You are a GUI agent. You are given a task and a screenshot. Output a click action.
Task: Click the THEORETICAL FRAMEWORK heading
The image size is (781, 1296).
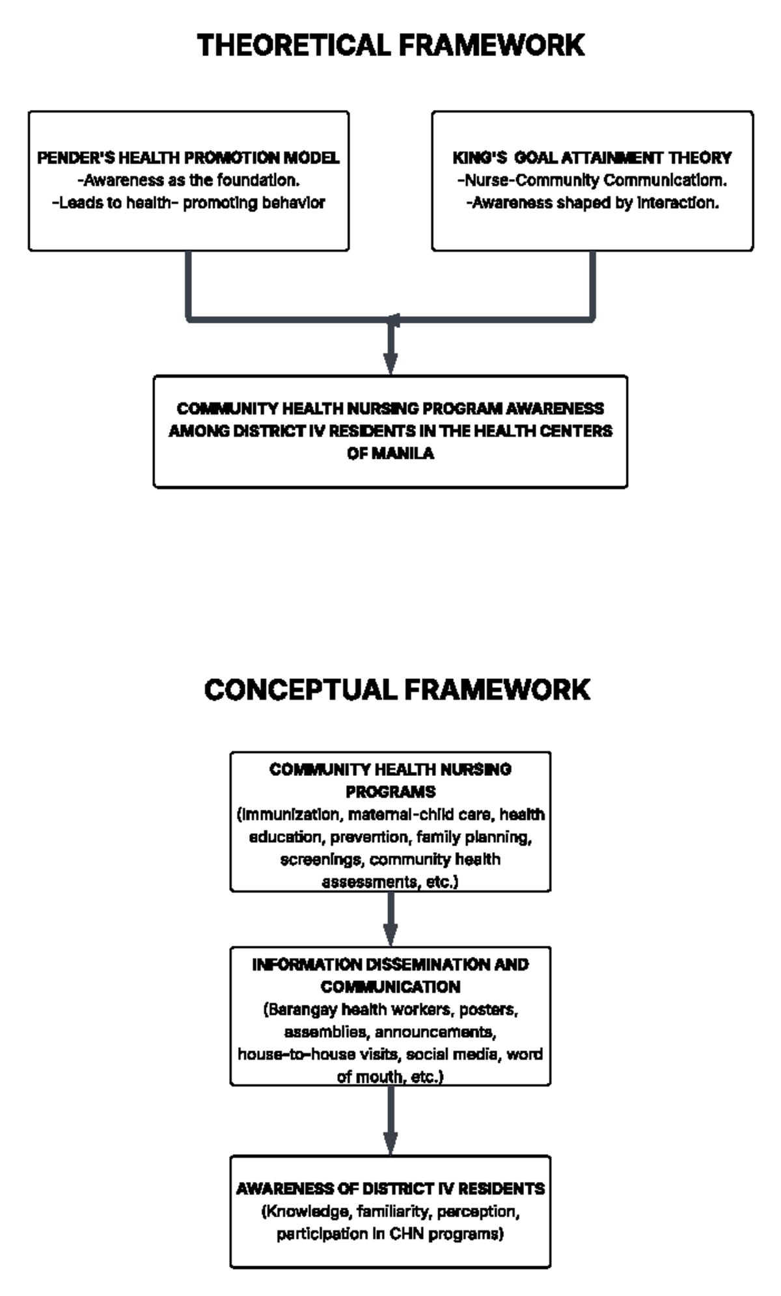[x=390, y=46]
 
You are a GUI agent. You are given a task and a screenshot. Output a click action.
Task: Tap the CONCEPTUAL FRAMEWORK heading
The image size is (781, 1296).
[x=396, y=690]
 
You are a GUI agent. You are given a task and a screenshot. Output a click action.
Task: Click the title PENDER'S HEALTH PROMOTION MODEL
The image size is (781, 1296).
[x=188, y=158]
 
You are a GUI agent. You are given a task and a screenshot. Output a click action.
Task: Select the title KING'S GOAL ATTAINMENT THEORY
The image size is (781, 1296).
[x=592, y=158]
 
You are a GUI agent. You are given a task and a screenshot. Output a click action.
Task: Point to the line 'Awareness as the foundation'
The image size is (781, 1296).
[x=188, y=180]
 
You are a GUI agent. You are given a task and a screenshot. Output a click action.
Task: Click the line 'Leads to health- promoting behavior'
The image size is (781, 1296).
[x=188, y=203]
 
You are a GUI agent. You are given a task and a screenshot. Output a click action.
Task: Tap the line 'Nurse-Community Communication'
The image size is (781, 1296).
[x=592, y=180]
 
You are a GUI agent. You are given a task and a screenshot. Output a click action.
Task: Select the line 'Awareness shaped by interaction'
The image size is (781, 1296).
[x=592, y=203]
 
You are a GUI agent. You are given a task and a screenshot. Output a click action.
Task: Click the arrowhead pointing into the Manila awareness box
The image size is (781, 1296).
[x=390, y=363]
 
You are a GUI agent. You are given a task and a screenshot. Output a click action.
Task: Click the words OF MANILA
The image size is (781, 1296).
[x=390, y=454]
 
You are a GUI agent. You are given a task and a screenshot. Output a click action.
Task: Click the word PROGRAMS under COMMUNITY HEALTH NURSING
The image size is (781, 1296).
[x=390, y=792]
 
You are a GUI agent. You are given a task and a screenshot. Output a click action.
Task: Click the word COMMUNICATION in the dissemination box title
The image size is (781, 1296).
[x=390, y=987]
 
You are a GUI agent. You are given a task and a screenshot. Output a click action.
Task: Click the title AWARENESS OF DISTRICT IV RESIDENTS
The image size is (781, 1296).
[x=390, y=1189]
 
